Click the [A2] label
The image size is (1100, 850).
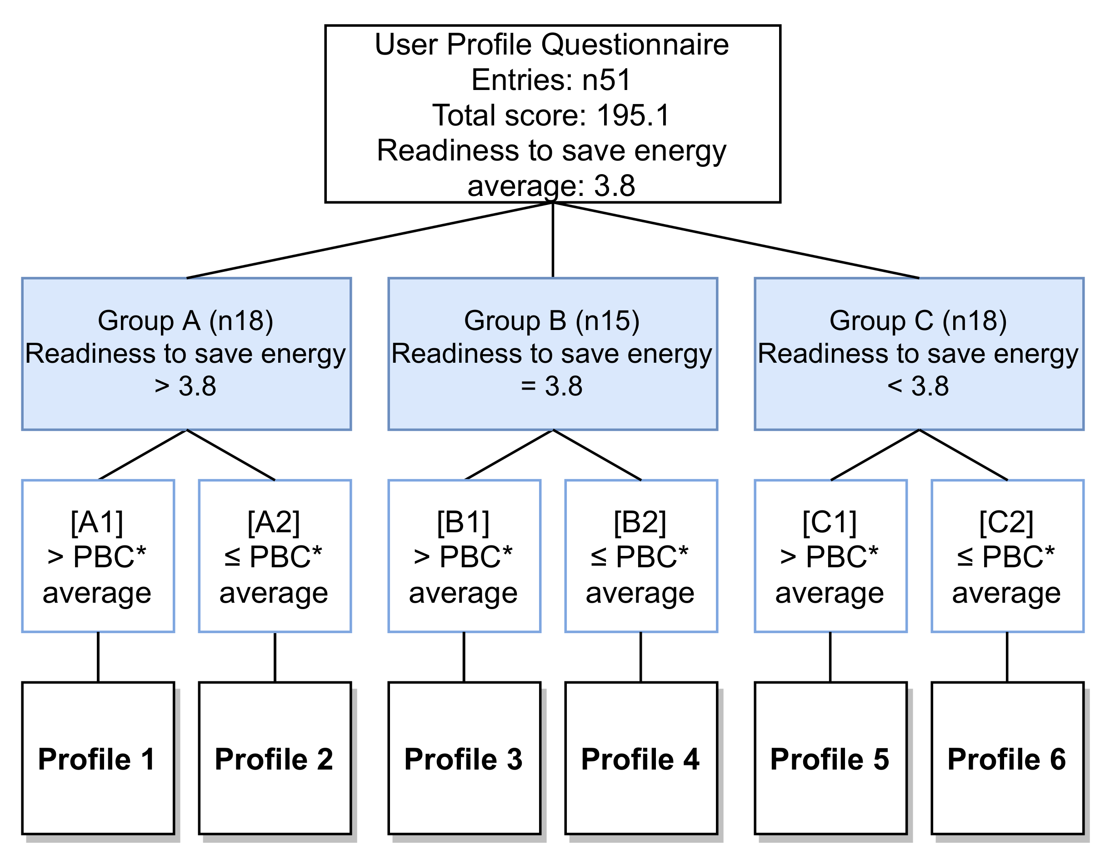point(274,522)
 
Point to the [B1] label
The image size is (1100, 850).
point(463,522)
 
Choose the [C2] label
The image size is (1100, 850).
point(1006,522)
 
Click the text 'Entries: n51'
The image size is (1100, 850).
point(551,80)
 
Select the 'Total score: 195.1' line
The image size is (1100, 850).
point(551,115)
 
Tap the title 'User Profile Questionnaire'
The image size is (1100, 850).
point(551,44)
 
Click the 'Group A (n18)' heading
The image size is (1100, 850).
point(185,320)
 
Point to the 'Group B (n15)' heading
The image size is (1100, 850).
point(552,320)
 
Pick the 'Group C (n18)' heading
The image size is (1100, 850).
point(918,320)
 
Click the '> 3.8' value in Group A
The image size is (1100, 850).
point(185,386)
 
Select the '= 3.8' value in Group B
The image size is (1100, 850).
point(552,386)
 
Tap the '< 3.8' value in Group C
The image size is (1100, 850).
point(918,386)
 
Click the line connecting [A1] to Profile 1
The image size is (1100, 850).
point(98,657)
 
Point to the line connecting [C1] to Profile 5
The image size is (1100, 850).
point(830,657)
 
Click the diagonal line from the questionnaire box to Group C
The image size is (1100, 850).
point(735,240)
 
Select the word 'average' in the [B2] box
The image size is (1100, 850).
point(640,593)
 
